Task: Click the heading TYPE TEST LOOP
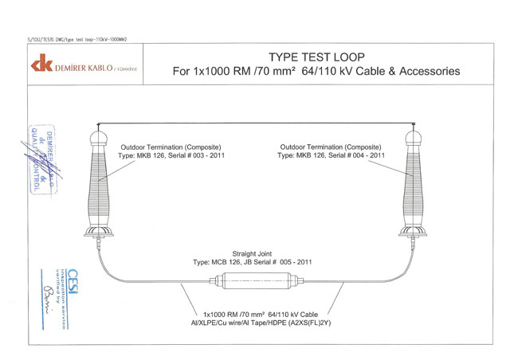(x=316, y=57)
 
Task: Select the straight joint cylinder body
(x=255, y=283)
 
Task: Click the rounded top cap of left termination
(x=99, y=138)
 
